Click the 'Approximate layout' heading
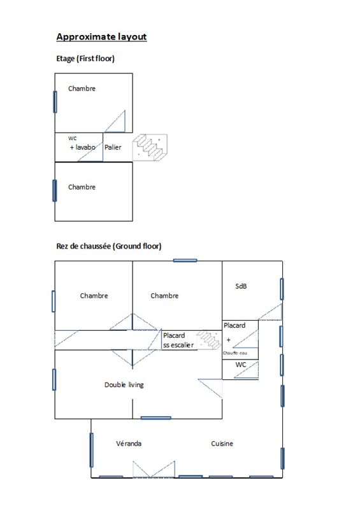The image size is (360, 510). [101, 37]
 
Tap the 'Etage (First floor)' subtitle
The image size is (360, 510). [85, 59]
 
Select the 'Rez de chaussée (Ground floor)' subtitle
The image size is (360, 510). [108, 246]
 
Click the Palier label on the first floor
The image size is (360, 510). [113, 147]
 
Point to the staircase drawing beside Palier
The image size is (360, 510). [150, 147]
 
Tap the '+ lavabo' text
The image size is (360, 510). [83, 147]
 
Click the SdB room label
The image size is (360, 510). [241, 286]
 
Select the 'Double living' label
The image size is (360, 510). [124, 385]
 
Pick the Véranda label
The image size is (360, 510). [129, 444]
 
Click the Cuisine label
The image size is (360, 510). [222, 444]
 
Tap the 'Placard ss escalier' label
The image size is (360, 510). [178, 340]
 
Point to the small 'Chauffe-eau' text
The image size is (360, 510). [235, 353]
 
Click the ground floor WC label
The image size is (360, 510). [241, 365]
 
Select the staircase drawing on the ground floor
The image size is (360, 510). [209, 340]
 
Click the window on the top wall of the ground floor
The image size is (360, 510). [185, 260]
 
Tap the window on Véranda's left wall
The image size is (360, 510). [91, 450]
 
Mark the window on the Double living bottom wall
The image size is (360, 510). [155, 418]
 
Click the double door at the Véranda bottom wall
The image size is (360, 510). [154, 469]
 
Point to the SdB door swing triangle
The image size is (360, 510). [270, 312]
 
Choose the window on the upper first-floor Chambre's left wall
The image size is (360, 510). [55, 102]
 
